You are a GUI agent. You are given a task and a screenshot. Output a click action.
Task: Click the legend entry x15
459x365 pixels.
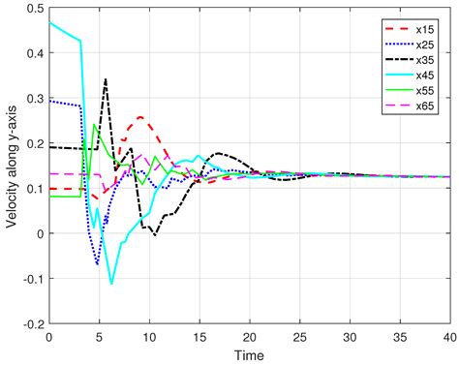point(424,29)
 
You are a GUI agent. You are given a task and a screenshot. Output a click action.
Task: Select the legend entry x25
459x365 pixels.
point(424,45)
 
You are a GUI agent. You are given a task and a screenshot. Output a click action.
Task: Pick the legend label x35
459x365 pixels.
point(424,60)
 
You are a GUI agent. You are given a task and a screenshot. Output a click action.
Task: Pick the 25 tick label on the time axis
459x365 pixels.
point(300,337)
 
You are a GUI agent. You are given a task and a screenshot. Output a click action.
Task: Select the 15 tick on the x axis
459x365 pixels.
point(199,337)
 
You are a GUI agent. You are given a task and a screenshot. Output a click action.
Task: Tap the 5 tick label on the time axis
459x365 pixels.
point(99,337)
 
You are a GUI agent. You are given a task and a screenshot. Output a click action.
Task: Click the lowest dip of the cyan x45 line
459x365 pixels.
point(112,284)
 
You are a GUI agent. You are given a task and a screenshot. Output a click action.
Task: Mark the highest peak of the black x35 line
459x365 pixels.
point(106,79)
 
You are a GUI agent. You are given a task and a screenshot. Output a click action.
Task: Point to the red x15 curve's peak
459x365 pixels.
point(141,117)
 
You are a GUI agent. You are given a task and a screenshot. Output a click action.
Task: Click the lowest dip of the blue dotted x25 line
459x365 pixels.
point(98,263)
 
